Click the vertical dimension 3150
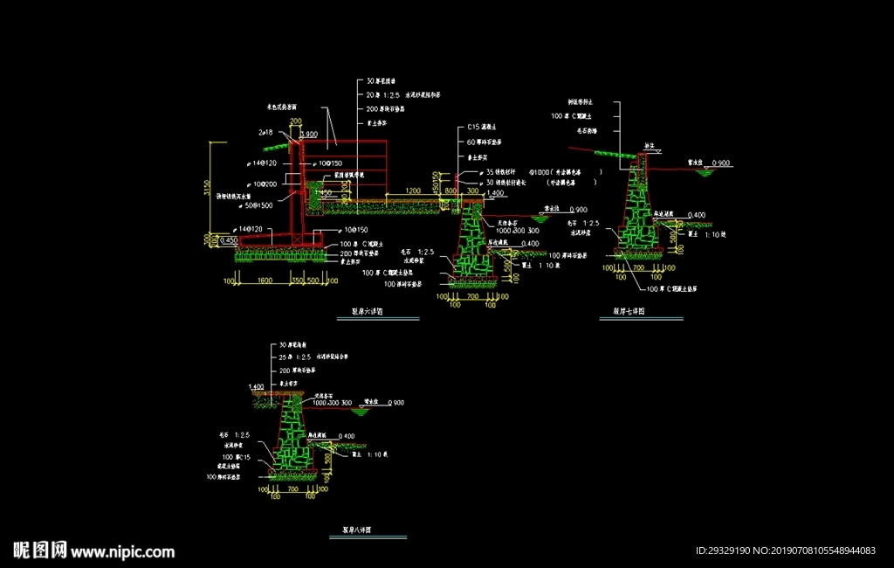(x=207, y=188)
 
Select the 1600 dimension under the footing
(x=265, y=281)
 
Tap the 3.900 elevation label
(x=308, y=135)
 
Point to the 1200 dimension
(x=414, y=190)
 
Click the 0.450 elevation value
(x=229, y=240)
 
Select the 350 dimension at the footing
(x=298, y=281)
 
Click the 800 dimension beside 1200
(x=450, y=190)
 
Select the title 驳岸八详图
(x=356, y=530)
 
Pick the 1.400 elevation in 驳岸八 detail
(x=256, y=386)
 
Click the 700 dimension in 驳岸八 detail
(x=292, y=490)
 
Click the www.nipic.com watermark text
(x=122, y=551)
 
